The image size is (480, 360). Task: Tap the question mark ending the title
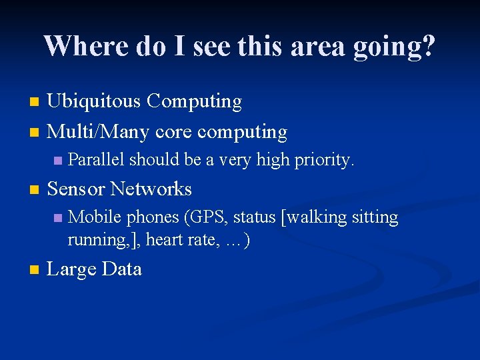click(427, 46)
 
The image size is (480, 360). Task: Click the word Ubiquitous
click(94, 101)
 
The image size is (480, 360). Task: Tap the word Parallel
click(96, 160)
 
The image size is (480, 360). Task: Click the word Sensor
click(76, 189)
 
